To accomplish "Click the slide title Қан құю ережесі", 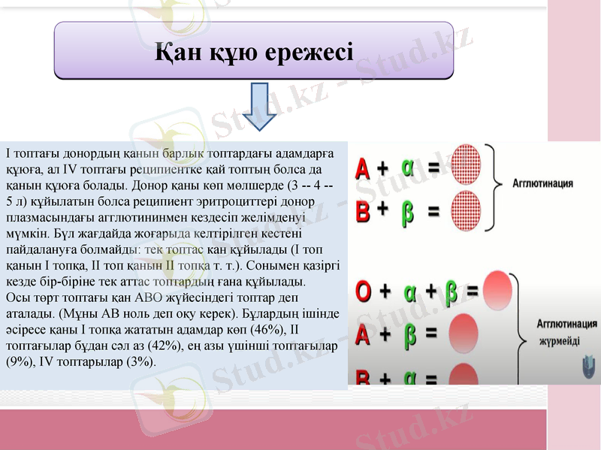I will pos(254,52).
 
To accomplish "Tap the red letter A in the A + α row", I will pos(363,168).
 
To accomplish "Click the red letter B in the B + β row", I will pos(363,211).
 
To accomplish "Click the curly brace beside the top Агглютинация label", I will pos(493,186).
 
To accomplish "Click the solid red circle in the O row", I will pos(498,289).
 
